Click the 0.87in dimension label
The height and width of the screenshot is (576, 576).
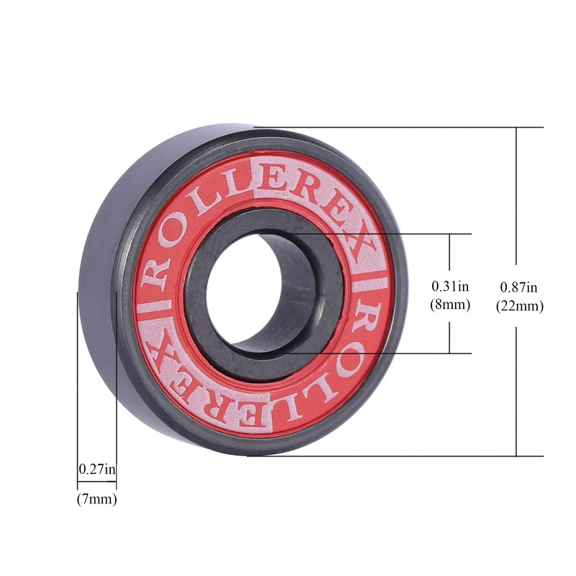(x=519, y=287)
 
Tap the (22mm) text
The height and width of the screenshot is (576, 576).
(x=519, y=305)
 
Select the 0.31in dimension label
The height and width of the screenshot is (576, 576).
(x=450, y=286)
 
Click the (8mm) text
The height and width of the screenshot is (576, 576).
(x=450, y=304)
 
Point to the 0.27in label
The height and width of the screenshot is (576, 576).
(x=96, y=469)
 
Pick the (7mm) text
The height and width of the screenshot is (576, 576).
(x=96, y=498)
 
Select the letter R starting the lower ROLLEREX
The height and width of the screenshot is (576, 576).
(x=374, y=317)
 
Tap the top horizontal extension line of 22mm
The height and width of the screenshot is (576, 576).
(x=403, y=127)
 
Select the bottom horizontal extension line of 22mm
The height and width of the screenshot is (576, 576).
(x=403, y=456)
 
